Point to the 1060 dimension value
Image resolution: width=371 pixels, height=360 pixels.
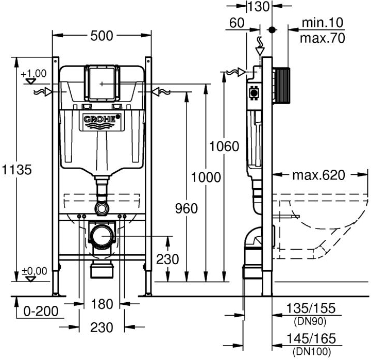point(224,146)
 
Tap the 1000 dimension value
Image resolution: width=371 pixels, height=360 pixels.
point(205,177)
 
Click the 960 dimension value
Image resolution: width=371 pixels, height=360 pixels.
point(186,208)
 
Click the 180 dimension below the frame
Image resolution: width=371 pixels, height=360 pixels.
point(102,304)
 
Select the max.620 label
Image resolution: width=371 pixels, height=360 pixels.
point(318,175)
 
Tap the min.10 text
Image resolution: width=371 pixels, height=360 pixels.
point(323,23)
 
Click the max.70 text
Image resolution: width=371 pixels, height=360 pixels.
point(323,38)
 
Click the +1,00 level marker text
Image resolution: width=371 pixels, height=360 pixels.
point(33,73)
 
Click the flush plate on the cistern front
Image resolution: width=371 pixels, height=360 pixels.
point(102,83)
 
